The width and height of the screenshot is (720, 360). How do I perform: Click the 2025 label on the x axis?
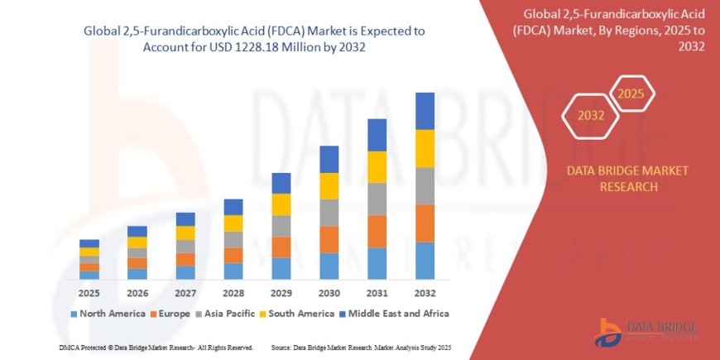tap(89, 294)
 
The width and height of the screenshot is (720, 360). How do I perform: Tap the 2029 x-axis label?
tap(281, 294)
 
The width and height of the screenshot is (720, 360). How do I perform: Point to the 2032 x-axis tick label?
tap(425, 294)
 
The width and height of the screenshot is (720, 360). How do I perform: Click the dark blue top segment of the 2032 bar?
tap(425, 111)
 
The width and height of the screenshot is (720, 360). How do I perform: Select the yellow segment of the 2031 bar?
tap(377, 167)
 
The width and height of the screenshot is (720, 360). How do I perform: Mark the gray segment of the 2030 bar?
tap(329, 213)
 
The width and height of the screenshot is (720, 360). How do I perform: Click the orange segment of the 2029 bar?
tap(281, 247)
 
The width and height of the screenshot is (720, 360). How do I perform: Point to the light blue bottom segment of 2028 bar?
tap(233, 271)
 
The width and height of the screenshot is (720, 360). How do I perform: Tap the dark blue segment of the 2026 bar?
tap(137, 232)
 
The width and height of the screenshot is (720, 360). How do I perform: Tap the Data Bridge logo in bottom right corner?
tap(645, 331)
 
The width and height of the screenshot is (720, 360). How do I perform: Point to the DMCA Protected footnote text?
tap(156, 348)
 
